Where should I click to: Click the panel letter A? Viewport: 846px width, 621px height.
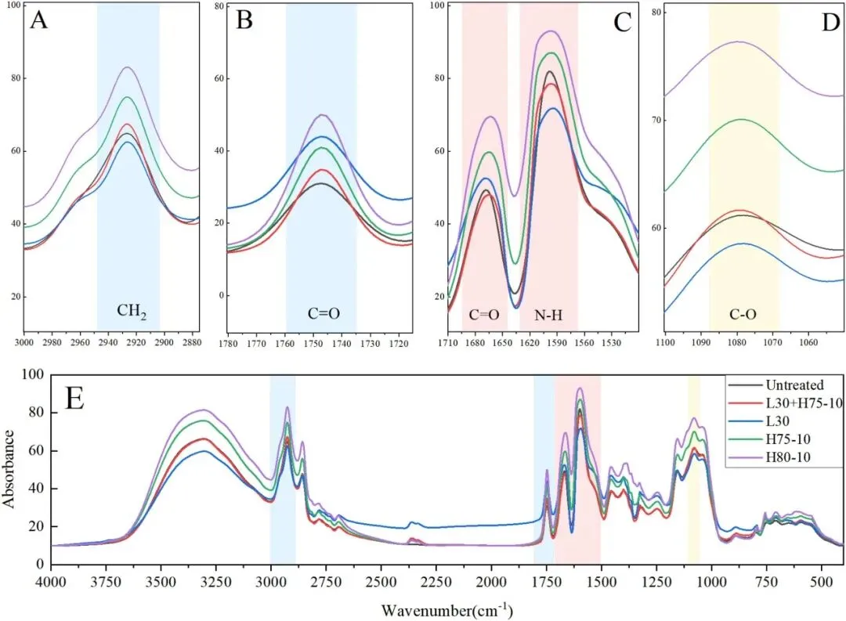pyautogui.click(x=39, y=20)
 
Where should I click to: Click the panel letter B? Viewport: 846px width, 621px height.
pyautogui.click(x=244, y=20)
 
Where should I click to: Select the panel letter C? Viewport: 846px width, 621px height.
pyautogui.click(x=622, y=21)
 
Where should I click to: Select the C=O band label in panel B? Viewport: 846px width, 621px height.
pyautogui.click(x=322, y=315)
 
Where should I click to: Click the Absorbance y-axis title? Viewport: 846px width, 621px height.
pyautogui.click(x=10, y=468)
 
